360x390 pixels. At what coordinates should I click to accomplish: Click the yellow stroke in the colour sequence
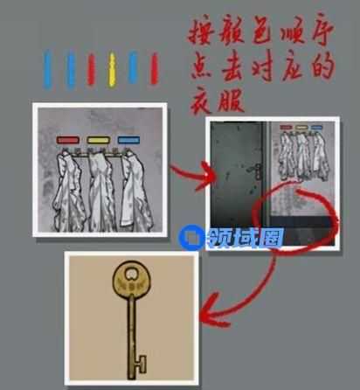click(112, 69)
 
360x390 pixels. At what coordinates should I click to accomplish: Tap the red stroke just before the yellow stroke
click(91, 70)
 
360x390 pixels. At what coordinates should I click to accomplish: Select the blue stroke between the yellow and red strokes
click(133, 67)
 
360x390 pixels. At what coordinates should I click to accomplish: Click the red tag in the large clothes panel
click(68, 140)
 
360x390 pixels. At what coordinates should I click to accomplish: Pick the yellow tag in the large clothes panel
click(99, 140)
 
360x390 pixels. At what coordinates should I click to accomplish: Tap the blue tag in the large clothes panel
click(128, 140)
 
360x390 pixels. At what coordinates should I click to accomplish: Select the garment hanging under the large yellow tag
click(100, 191)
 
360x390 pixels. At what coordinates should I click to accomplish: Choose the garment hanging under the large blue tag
click(135, 190)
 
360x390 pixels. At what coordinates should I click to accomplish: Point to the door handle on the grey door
click(257, 171)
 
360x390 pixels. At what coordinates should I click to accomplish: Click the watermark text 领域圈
click(246, 238)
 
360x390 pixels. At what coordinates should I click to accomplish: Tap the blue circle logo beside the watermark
click(191, 238)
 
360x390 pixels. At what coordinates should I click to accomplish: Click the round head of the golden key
click(132, 278)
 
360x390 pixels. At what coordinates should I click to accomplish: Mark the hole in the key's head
click(132, 272)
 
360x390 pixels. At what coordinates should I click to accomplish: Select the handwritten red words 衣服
click(217, 99)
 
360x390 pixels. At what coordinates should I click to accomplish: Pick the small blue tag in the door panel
click(316, 128)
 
